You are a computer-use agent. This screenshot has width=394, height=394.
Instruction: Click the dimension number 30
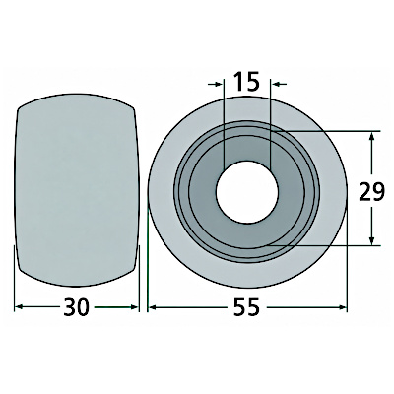[x=76, y=307]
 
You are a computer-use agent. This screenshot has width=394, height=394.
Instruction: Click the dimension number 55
[x=246, y=307]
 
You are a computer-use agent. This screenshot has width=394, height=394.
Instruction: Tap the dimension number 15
[x=246, y=82]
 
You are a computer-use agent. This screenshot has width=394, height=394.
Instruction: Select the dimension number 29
[x=371, y=191]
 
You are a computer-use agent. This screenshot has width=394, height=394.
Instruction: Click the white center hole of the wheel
[x=247, y=192]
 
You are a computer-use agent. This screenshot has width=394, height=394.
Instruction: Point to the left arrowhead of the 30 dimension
[x=19, y=307]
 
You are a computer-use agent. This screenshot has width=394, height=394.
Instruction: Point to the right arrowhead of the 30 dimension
[x=135, y=307]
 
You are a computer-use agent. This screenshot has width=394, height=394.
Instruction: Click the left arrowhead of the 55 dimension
[x=153, y=307]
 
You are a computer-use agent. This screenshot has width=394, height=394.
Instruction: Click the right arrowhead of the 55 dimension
[x=343, y=307]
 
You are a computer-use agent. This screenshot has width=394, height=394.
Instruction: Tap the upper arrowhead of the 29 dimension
[x=371, y=137]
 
